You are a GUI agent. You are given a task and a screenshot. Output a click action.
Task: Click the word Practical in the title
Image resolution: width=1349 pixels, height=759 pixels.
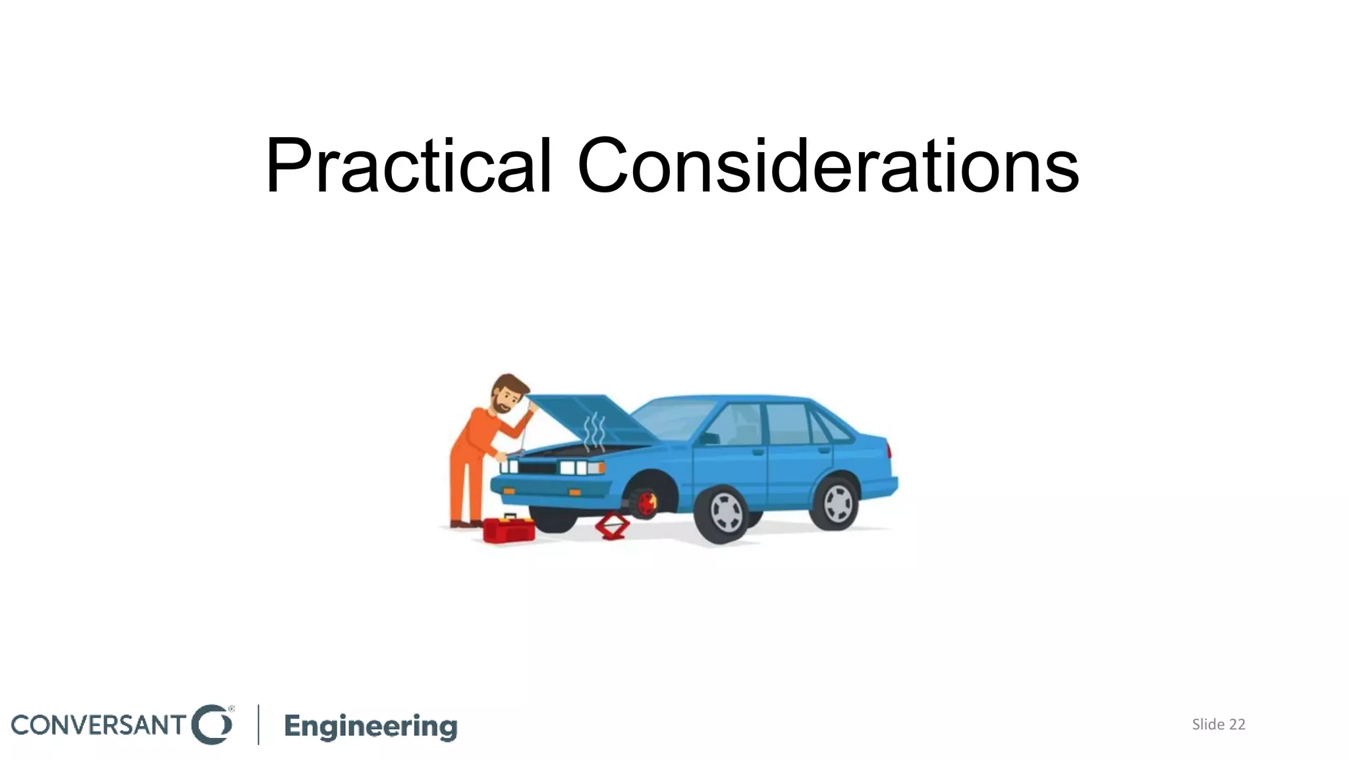408,166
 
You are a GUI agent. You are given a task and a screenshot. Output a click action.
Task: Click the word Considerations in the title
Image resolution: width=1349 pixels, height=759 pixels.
828,166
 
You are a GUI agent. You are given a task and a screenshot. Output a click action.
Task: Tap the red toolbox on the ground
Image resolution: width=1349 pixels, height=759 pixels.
509,528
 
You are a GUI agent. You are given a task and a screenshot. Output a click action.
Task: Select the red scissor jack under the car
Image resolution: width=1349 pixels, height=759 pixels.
612,526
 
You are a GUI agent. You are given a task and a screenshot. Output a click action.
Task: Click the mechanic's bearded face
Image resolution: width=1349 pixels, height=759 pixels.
506,398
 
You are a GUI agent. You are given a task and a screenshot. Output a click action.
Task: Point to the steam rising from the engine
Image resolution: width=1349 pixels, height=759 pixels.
594,432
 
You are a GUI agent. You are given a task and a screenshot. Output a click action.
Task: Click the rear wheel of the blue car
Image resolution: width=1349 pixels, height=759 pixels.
837,503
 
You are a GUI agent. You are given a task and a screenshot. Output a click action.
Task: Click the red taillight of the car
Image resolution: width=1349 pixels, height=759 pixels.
889,451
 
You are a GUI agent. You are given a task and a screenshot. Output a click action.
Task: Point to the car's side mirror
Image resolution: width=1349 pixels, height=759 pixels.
709,438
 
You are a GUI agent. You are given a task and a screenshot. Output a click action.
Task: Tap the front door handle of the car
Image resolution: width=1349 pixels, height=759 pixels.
757,453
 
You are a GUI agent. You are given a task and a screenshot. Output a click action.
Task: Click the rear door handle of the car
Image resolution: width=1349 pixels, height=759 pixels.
823,451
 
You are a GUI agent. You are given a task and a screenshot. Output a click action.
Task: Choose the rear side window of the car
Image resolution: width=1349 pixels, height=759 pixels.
788,423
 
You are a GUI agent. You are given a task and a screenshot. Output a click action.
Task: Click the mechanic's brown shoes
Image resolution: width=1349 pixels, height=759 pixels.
465,524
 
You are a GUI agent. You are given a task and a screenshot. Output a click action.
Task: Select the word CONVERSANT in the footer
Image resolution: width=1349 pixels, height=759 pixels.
99,725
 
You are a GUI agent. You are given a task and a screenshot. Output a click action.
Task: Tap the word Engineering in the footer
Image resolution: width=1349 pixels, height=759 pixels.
371,726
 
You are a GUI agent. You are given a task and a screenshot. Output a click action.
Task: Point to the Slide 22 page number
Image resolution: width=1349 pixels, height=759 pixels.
1219,724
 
